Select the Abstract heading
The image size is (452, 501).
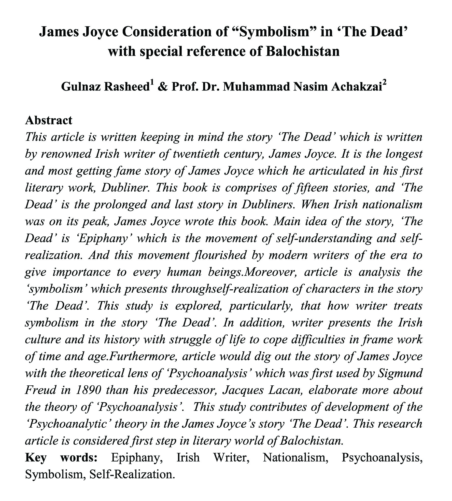point(49,120)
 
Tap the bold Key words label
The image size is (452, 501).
point(61,458)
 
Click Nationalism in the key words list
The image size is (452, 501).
point(295,458)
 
